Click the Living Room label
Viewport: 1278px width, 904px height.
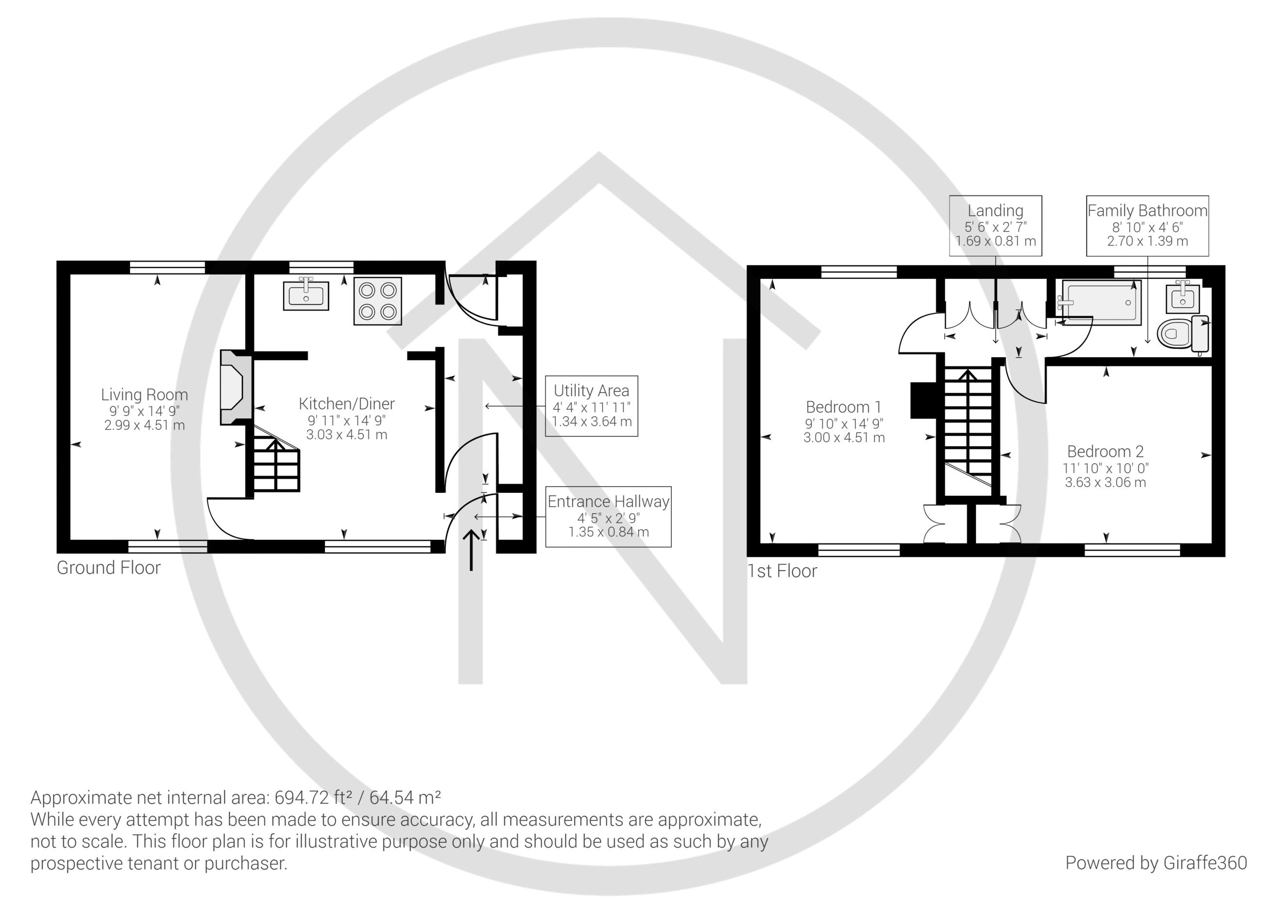pyautogui.click(x=144, y=395)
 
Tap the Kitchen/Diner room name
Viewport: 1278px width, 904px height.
pyautogui.click(x=346, y=404)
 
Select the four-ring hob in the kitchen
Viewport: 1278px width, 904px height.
pyautogui.click(x=377, y=301)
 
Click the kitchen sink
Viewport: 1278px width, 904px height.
pyautogui.click(x=306, y=295)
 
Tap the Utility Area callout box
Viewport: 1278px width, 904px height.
pyautogui.click(x=591, y=405)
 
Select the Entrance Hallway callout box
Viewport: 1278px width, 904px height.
pyautogui.click(x=608, y=516)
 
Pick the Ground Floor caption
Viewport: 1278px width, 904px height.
pyautogui.click(x=108, y=568)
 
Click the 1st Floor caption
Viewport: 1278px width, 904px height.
pyautogui.click(x=782, y=571)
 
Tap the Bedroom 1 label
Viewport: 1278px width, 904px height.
pyautogui.click(x=843, y=407)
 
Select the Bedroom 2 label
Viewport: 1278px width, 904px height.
pyautogui.click(x=1105, y=451)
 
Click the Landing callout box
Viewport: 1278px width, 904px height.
pyautogui.click(x=995, y=226)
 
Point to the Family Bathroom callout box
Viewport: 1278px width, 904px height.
pyautogui.click(x=1147, y=226)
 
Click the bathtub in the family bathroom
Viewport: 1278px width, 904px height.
pyautogui.click(x=1102, y=301)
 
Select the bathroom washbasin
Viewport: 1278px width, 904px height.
pyautogui.click(x=1180, y=296)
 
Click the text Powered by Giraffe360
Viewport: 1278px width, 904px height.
pyautogui.click(x=1156, y=863)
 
